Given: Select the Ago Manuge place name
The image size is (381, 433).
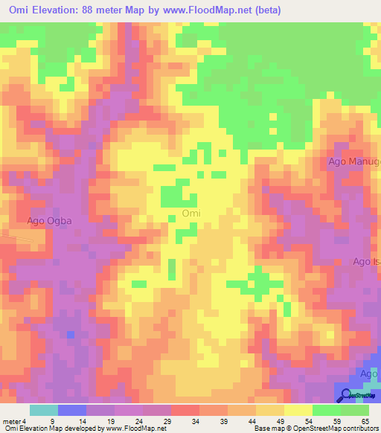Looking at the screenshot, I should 354,161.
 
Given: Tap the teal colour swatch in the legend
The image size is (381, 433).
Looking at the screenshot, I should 44,410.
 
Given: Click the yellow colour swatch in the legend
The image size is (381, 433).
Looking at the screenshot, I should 298,410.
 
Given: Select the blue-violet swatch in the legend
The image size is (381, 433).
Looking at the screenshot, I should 72,410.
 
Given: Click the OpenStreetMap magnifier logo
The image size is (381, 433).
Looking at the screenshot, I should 346,395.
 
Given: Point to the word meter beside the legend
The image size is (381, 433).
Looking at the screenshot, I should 12,421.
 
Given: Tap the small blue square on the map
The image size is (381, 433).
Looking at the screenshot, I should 70,334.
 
